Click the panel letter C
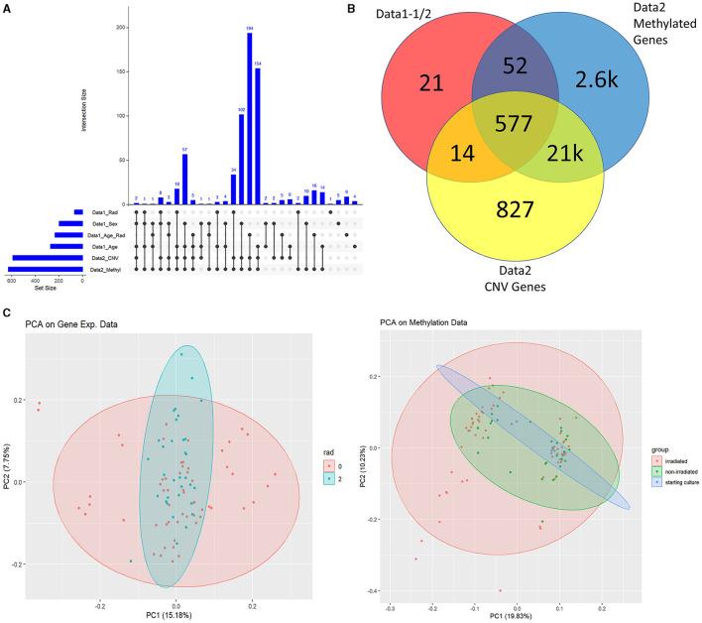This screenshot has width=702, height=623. [x=8, y=314]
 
